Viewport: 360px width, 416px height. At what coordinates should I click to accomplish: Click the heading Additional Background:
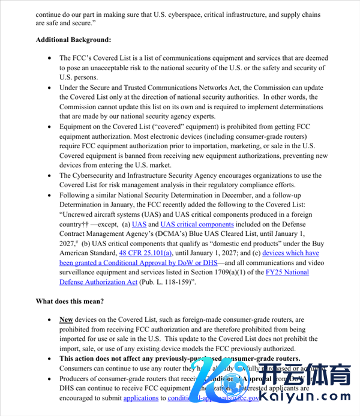click(73, 40)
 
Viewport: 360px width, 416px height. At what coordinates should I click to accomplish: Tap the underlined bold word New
click(66, 320)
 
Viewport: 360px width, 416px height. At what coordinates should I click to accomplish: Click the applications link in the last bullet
click(140, 397)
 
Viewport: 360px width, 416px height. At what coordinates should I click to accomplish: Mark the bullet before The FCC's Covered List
click(49, 59)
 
